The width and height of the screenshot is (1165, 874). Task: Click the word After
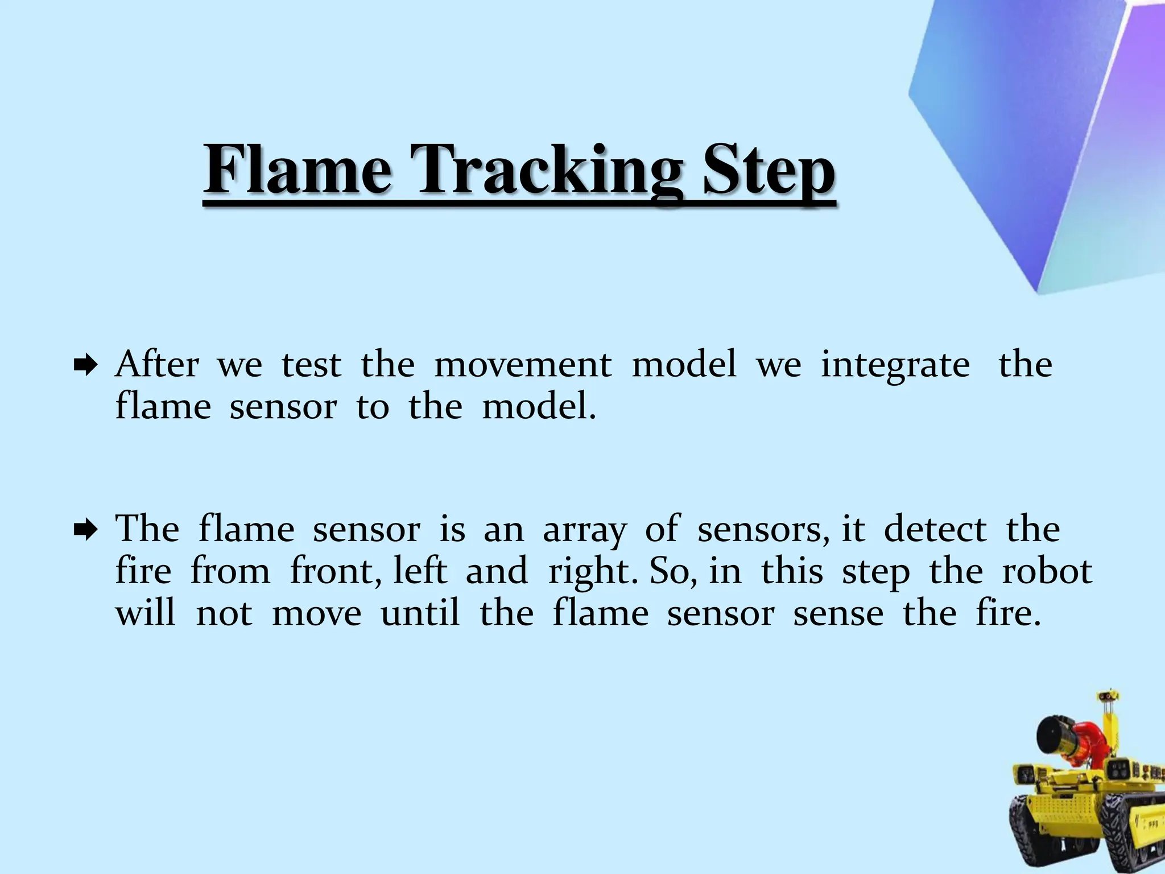point(157,364)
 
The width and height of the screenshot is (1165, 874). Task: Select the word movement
point(523,364)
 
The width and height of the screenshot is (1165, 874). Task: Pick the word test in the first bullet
point(311,364)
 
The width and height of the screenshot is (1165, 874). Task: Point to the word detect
point(935,529)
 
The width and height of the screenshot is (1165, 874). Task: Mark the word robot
point(1047,571)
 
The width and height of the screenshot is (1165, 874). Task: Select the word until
point(420,613)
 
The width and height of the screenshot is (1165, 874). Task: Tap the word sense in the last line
point(838,614)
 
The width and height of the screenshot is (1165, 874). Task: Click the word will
point(145,613)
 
